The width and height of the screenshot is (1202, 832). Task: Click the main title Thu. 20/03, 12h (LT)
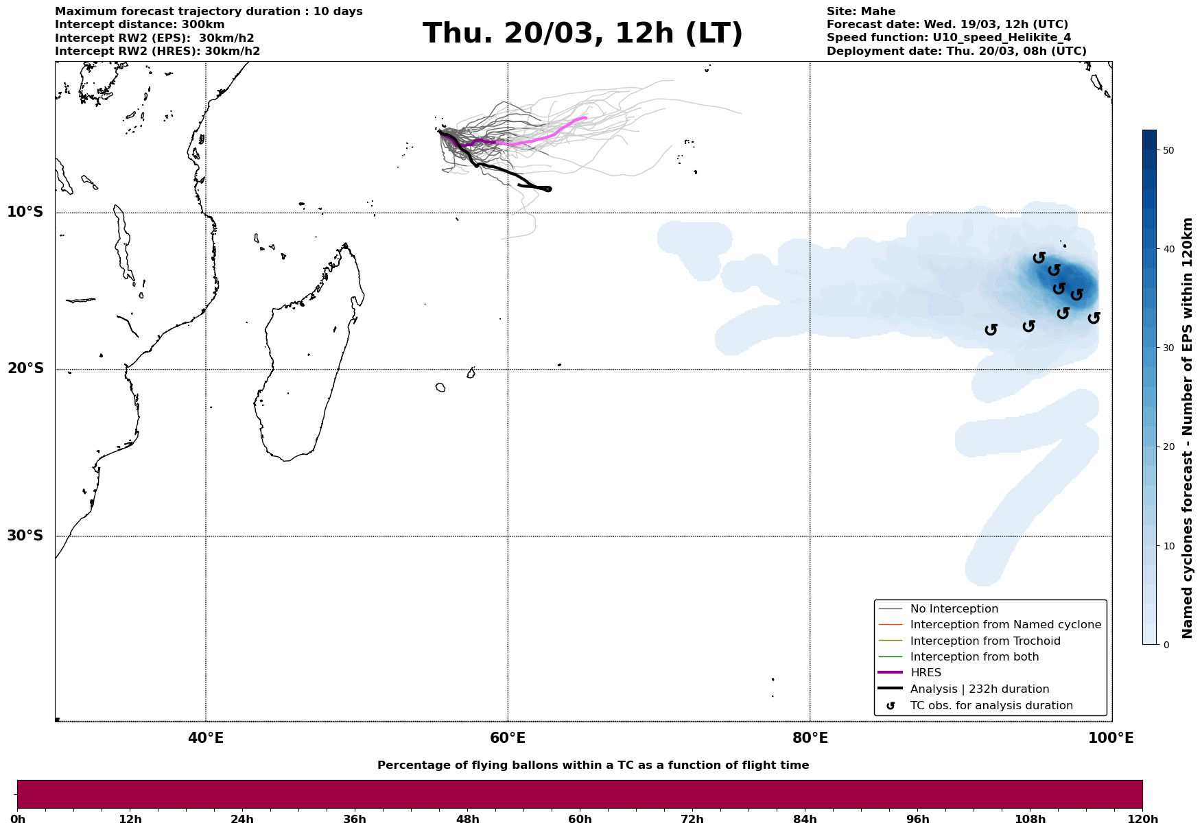(x=582, y=34)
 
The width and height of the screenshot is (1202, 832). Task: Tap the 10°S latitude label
(x=25, y=212)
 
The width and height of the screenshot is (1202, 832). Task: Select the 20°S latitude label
(x=25, y=369)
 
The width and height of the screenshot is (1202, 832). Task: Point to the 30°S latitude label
(x=25, y=536)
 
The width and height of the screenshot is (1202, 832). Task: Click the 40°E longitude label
(x=206, y=738)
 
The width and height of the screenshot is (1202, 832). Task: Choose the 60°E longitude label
(x=508, y=738)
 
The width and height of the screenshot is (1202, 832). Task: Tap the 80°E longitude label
(x=810, y=738)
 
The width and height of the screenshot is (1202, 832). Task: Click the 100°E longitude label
(x=1111, y=738)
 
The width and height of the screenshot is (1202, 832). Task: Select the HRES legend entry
(x=926, y=673)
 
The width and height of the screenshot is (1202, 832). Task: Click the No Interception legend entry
(x=954, y=609)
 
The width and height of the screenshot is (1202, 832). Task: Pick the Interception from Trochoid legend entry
(x=985, y=641)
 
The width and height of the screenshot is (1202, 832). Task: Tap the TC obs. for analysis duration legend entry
(x=991, y=706)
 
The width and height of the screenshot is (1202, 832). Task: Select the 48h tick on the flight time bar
(x=467, y=819)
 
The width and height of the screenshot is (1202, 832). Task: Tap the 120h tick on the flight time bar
(x=1142, y=819)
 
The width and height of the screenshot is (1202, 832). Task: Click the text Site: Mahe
(x=860, y=12)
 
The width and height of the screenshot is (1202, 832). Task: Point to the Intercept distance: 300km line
(x=139, y=25)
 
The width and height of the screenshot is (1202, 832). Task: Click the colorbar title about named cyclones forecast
(x=1188, y=428)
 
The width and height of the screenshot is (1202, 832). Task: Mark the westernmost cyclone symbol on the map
(x=991, y=330)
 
